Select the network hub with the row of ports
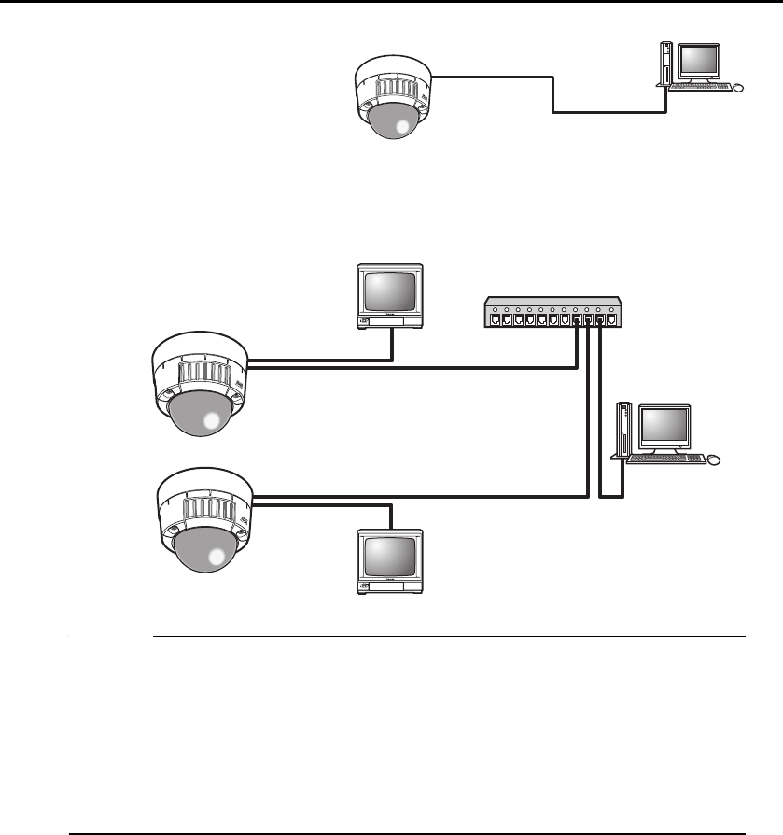[x=552, y=312]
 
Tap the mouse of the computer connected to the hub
[x=715, y=460]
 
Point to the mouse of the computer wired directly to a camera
[x=739, y=88]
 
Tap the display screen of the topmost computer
[x=700, y=61]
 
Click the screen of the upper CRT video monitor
[x=390, y=293]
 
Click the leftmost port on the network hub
[x=492, y=319]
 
